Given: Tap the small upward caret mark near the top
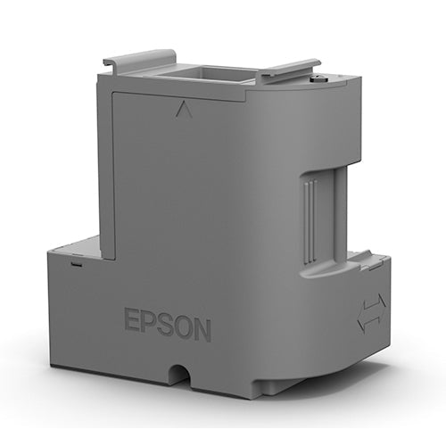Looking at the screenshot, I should point(184,111).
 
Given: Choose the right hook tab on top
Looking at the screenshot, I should point(289,67).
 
